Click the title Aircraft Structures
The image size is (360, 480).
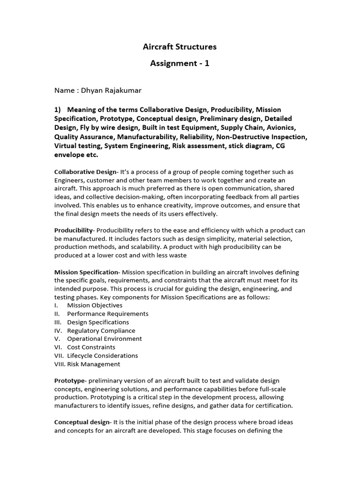click(180, 47)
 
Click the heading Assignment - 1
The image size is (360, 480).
click(180, 63)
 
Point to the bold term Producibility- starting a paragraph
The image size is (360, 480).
click(75, 230)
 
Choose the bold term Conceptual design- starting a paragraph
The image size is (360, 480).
click(82, 422)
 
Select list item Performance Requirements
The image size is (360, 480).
click(108, 314)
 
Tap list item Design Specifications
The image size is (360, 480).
click(98, 322)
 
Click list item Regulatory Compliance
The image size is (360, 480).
click(101, 330)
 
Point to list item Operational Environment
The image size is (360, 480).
click(105, 338)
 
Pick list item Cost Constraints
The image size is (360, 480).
click(91, 347)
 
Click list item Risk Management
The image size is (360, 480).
click(94, 364)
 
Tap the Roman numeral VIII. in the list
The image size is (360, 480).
click(60, 364)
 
